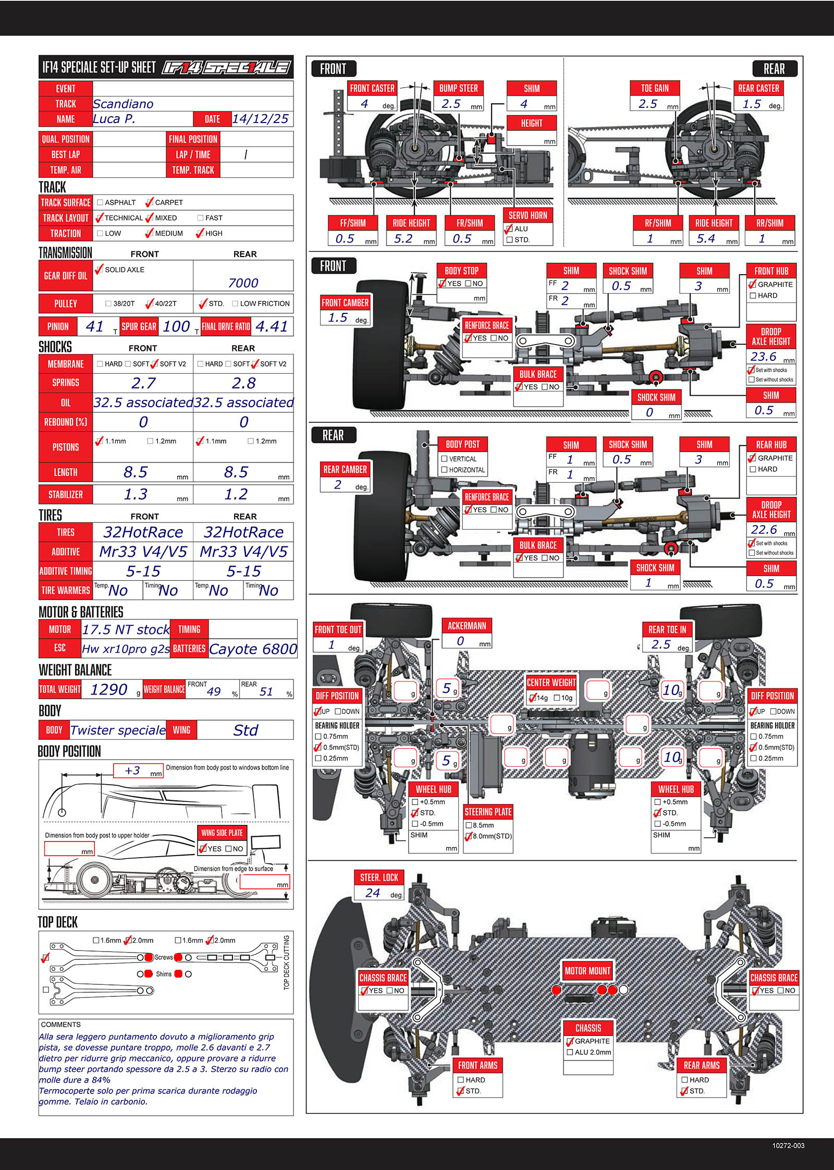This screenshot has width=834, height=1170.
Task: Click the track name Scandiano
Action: click(x=123, y=104)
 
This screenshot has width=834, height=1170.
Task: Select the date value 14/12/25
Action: click(x=260, y=119)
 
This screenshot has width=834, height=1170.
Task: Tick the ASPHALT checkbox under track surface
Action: click(x=100, y=202)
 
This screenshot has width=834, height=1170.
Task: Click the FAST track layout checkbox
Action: click(x=200, y=218)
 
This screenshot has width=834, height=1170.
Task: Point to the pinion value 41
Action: click(x=94, y=326)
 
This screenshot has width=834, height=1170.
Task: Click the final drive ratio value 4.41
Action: click(x=272, y=326)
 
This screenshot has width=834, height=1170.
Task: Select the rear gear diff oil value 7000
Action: click(x=243, y=283)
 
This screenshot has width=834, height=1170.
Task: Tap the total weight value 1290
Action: click(x=108, y=689)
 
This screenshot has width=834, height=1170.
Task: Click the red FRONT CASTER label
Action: click(x=372, y=88)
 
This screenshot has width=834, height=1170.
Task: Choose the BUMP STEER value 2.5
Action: click(x=451, y=104)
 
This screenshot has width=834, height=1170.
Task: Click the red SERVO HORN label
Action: click(x=528, y=215)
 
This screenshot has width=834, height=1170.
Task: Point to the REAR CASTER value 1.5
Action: click(x=752, y=104)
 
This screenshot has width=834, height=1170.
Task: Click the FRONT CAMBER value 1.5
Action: click(x=337, y=318)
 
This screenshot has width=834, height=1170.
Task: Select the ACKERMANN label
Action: click(x=467, y=626)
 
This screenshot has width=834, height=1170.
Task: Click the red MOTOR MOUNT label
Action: click(x=587, y=971)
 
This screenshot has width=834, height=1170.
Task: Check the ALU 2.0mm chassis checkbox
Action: click(x=570, y=1052)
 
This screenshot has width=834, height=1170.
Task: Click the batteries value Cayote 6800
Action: click(x=253, y=649)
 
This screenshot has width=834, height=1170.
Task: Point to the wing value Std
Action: click(x=246, y=730)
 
